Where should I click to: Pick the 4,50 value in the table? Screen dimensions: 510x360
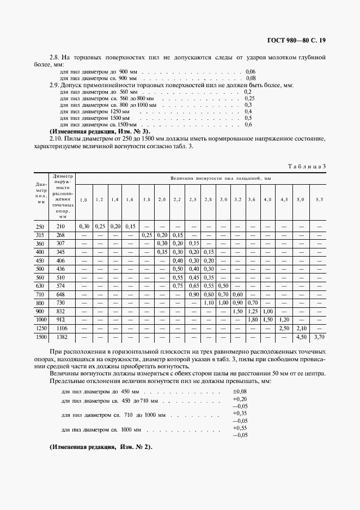click(301, 337)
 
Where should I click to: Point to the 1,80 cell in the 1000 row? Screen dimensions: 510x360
click(253, 319)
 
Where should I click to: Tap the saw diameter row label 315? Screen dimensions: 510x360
click(40, 234)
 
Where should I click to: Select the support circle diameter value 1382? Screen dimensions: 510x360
click(60, 337)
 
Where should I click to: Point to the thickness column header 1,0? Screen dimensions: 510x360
click(84, 200)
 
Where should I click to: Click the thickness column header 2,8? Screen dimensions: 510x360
click(208, 200)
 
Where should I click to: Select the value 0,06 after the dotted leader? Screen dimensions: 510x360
click(251, 71)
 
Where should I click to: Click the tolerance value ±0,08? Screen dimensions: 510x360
click(240, 391)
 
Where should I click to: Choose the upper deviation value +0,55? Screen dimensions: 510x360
click(240, 428)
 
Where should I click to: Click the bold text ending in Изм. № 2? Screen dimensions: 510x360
click(101, 447)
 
